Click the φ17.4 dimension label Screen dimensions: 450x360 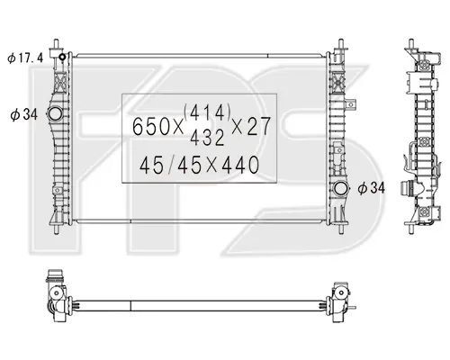coord(25,58)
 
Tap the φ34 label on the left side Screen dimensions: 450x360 coord(24,114)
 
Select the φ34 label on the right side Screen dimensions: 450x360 coord(371,188)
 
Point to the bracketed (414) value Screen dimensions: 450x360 coord(207,112)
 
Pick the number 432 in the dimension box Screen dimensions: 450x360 coord(207,138)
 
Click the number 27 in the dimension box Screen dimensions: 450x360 coord(259,126)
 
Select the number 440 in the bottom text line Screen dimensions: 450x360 coord(240,165)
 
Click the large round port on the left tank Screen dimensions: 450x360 coord(55,113)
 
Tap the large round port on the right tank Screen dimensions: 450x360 coord(341,189)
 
